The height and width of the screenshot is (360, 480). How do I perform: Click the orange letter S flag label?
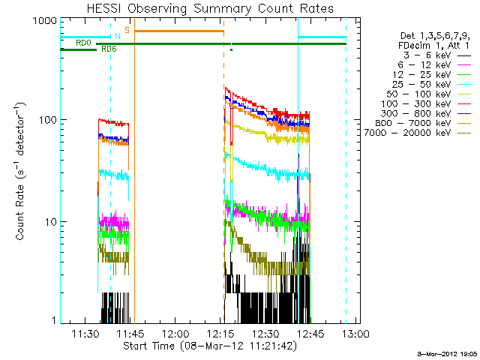[x=127, y=30]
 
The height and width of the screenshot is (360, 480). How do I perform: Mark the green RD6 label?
[x=108, y=49]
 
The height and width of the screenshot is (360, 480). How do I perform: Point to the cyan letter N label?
[x=117, y=35]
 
